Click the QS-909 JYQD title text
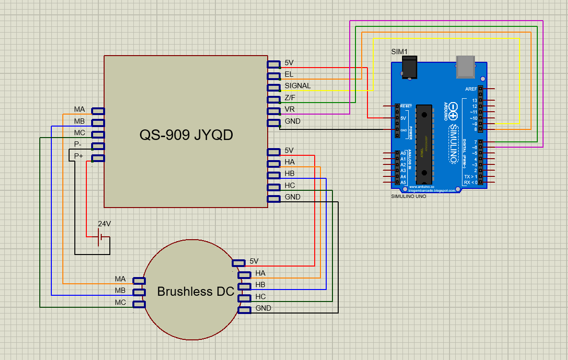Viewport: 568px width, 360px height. click(x=186, y=135)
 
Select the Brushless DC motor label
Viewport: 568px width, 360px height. click(x=196, y=291)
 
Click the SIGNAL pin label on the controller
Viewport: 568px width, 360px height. click(x=297, y=86)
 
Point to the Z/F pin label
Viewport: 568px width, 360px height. click(x=290, y=98)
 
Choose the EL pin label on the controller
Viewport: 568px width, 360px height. click(x=289, y=74)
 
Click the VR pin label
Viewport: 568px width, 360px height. click(x=290, y=109)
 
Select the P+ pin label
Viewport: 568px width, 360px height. click(x=78, y=156)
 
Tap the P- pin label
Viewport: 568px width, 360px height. click(x=78, y=144)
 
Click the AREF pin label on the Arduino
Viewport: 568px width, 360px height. click(x=471, y=89)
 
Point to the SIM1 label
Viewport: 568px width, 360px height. click(x=399, y=51)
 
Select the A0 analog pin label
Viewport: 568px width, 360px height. click(x=403, y=153)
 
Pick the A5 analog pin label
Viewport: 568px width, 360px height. click(x=403, y=183)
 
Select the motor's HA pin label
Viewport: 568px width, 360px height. click(x=260, y=273)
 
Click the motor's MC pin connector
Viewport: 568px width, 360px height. click(x=139, y=304)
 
